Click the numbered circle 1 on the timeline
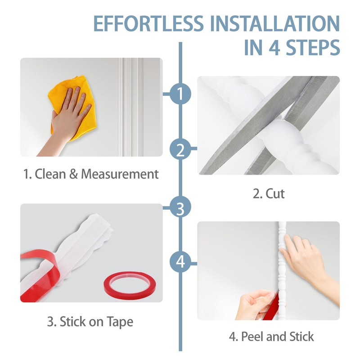click(180, 94)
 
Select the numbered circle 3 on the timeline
click(180, 208)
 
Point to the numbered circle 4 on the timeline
click(180, 261)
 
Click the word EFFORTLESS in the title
click(148, 23)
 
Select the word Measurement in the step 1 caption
click(120, 174)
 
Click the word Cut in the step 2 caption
click(275, 193)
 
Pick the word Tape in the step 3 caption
click(120, 322)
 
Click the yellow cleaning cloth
click(73, 108)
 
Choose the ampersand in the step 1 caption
click(73, 174)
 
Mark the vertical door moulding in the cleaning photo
click(130, 107)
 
